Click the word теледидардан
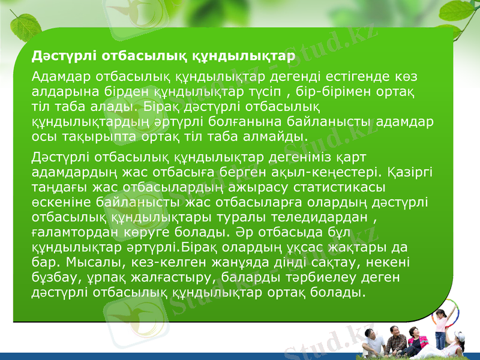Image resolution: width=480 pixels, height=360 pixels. tap(317, 215)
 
